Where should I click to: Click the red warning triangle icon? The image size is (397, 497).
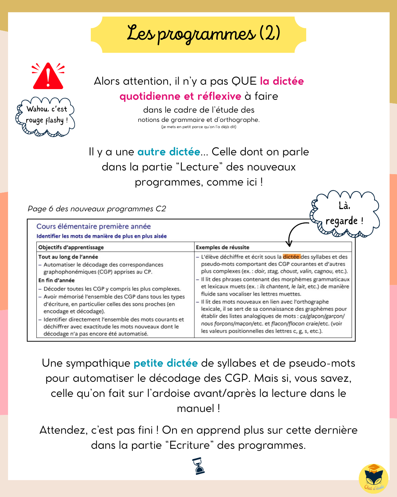coord(48,76)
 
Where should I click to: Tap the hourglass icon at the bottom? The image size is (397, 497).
coord(198,466)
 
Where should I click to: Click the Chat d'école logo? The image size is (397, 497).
coord(373,478)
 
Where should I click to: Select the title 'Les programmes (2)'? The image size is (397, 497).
coord(203,34)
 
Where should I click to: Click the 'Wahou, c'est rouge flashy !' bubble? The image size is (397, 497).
coord(46,116)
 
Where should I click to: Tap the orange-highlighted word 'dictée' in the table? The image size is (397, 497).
coord(292,257)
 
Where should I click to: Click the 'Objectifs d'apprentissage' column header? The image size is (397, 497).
coord(71,247)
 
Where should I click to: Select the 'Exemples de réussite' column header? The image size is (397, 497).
coord(222,247)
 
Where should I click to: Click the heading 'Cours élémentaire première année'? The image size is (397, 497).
coord(93,226)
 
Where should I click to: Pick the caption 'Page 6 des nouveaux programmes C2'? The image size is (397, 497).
coord(97,209)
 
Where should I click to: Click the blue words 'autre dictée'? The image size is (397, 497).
coord(169,152)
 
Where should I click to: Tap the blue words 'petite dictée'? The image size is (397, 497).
coord(165,363)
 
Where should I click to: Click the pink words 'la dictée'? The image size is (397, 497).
coord(282,81)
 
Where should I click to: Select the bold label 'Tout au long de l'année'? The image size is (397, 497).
coord(68,257)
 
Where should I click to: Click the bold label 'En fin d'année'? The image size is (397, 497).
coord(56,280)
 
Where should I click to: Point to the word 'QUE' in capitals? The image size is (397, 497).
coord(244,81)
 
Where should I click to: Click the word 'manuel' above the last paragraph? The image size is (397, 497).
coord(196,408)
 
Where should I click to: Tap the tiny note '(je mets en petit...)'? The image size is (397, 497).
coord(198,127)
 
